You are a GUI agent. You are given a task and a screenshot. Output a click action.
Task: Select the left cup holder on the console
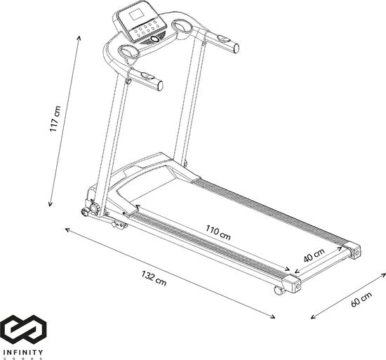point(130,52)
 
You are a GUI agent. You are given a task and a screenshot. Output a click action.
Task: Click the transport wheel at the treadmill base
point(90,209)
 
